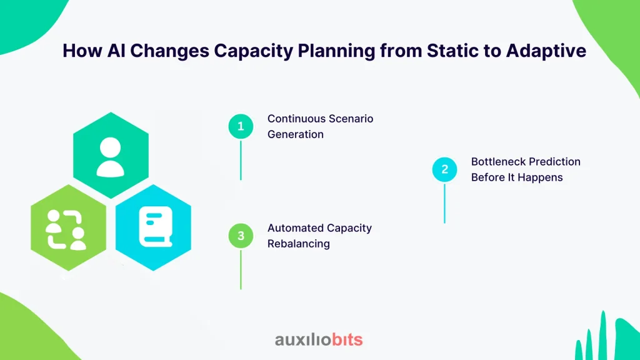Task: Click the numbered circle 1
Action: [241, 126]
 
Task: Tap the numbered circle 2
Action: [444, 169]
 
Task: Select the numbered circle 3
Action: [241, 236]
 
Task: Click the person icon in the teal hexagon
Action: [110, 157]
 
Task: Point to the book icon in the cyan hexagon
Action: [156, 226]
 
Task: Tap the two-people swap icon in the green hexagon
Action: [66, 229]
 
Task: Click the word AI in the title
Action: [116, 51]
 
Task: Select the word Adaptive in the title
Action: [546, 51]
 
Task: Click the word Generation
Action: [296, 134]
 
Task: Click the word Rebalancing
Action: [298, 244]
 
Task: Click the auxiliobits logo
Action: [319, 339]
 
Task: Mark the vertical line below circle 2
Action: [444, 203]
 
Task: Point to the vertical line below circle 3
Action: [241, 269]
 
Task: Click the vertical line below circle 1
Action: [241, 161]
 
